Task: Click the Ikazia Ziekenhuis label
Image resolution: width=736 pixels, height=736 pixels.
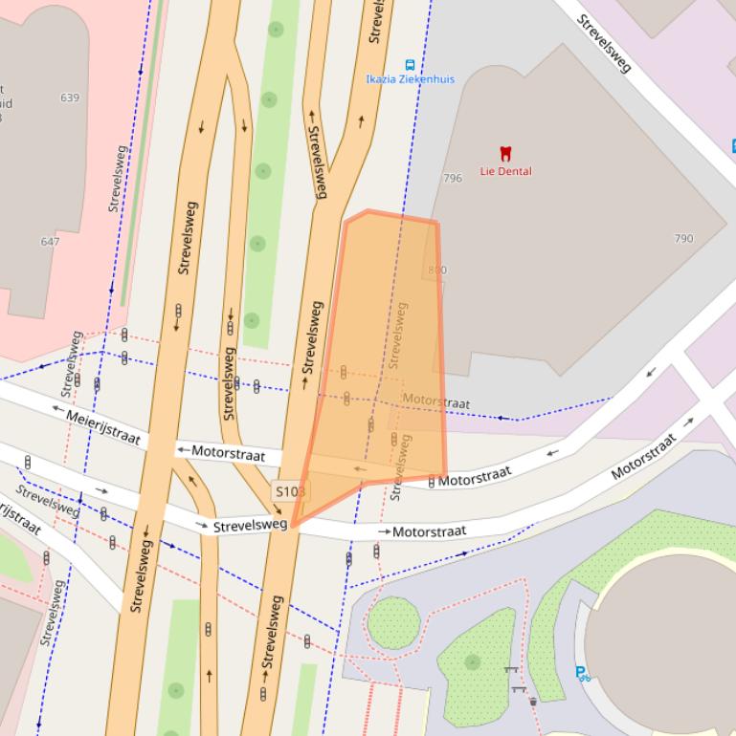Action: click(x=410, y=79)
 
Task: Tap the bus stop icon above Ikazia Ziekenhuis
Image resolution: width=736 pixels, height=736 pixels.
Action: click(x=410, y=65)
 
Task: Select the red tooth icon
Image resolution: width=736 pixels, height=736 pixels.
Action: click(x=505, y=153)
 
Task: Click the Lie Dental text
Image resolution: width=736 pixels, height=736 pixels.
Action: click(x=505, y=172)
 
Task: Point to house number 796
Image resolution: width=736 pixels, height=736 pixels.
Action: click(x=453, y=178)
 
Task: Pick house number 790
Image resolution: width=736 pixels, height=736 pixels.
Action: click(x=683, y=238)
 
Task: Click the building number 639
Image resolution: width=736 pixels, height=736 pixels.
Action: click(x=70, y=97)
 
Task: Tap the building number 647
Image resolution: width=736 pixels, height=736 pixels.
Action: click(x=50, y=242)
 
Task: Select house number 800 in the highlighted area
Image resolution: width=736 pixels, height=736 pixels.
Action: click(x=437, y=271)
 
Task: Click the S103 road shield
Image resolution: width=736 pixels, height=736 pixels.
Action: click(x=290, y=491)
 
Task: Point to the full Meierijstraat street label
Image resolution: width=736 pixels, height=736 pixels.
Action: click(x=104, y=427)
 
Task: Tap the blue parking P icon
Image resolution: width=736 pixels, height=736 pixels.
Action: click(x=582, y=673)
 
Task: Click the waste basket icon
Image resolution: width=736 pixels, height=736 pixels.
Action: click(x=532, y=702)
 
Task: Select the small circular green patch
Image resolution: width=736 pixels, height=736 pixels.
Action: click(x=393, y=622)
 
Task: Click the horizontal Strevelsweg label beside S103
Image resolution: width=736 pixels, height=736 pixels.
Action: click(x=250, y=526)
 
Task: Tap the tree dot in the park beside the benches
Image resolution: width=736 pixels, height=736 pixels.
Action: click(x=472, y=661)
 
